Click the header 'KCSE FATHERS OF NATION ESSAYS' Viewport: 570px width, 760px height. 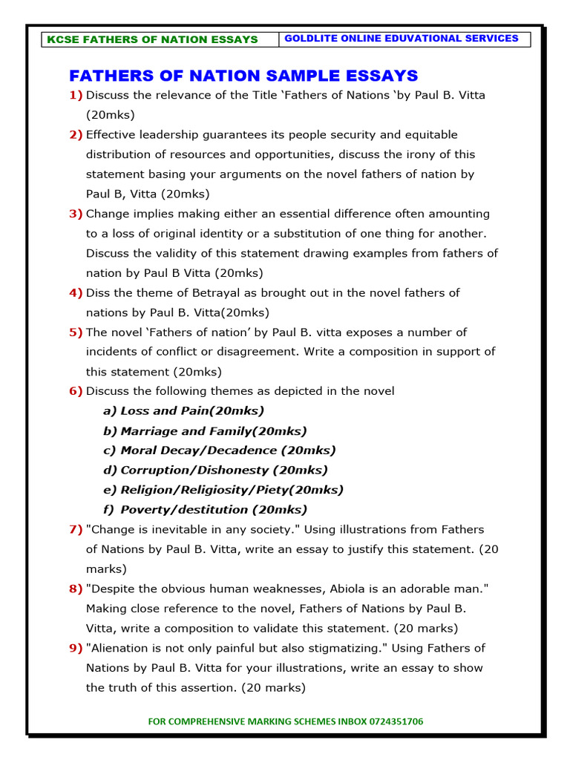point(152,39)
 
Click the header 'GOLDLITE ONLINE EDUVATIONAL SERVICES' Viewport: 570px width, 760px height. point(402,39)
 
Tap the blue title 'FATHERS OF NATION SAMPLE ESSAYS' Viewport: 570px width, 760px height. point(243,76)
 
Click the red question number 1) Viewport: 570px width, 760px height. point(76,95)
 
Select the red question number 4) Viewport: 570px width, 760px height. point(76,292)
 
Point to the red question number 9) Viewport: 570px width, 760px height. point(76,648)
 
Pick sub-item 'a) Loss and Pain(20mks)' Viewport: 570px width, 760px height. point(183,410)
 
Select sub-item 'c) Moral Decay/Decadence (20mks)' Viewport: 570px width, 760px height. point(219,450)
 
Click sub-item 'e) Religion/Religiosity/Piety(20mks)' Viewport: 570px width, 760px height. point(223,490)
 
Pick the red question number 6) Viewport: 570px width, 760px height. point(76,390)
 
